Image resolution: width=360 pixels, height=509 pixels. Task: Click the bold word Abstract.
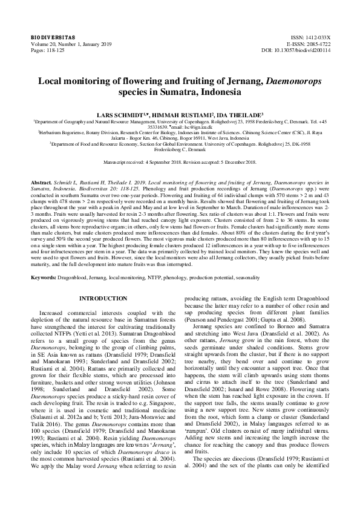(x=41, y=181)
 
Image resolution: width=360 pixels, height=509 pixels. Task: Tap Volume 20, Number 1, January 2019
(x=67, y=44)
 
